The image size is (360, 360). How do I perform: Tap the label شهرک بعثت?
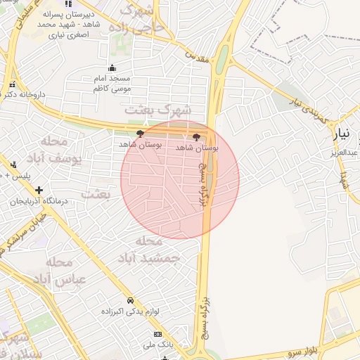[x=158, y=110]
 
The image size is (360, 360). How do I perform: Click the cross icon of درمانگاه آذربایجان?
[x=39, y=190]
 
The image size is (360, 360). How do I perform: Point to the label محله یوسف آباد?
[x=62, y=150]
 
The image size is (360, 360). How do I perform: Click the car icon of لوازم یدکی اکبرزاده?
[x=131, y=300]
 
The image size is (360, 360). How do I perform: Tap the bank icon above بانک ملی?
[x=157, y=333]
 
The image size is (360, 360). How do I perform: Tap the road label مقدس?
[x=198, y=57]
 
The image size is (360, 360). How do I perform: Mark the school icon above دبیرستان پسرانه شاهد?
[x=86, y=4]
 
